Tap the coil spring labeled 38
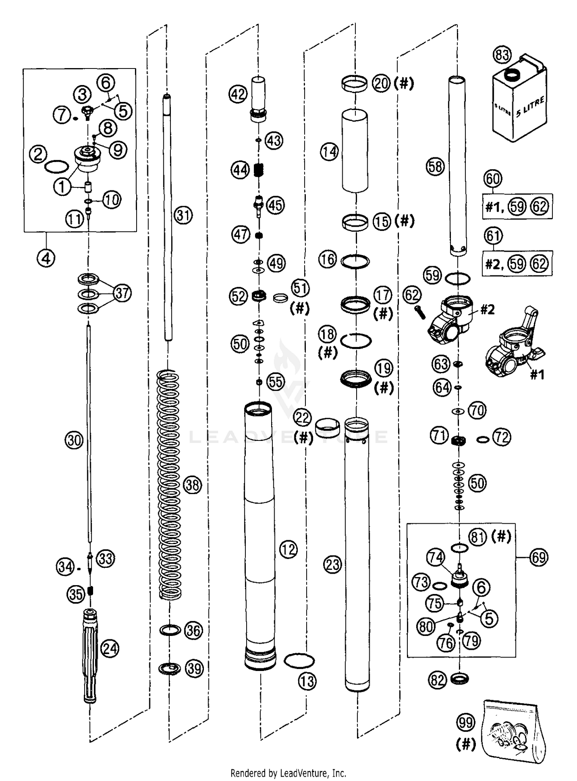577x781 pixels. coord(169,485)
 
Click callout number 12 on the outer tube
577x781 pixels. coord(288,549)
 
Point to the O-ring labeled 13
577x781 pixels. coord(299,660)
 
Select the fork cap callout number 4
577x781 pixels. coord(46,258)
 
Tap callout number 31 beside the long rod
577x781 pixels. coord(183,215)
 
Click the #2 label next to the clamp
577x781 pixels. coord(487,309)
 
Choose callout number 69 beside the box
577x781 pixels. coord(539,557)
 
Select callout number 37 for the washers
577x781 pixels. coord(122,293)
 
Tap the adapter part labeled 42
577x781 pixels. coord(258,99)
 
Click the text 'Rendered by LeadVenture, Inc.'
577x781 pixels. coord(288,773)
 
